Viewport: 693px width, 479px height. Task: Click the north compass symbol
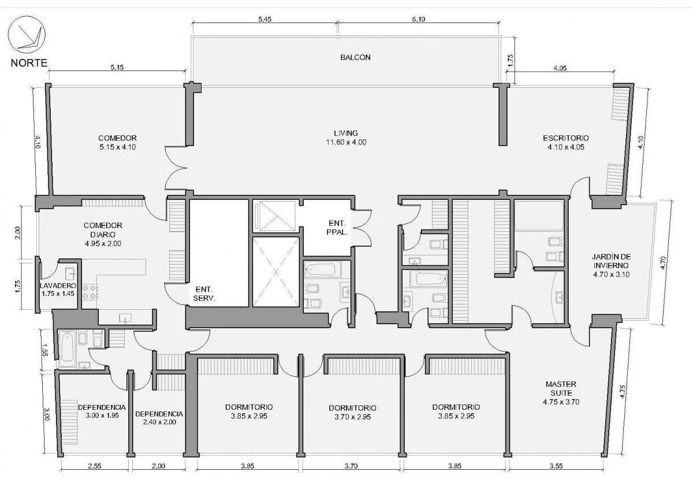(x=27, y=35)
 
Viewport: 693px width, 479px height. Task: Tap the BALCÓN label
(x=356, y=57)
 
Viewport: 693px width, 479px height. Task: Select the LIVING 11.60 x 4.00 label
(x=346, y=138)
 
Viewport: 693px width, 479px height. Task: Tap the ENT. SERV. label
(x=204, y=294)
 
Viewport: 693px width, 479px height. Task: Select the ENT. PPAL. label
(x=337, y=228)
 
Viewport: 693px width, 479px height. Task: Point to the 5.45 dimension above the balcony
(x=265, y=19)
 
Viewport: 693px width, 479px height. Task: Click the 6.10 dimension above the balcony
(x=419, y=19)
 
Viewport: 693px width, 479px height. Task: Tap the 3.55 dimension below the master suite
(x=556, y=466)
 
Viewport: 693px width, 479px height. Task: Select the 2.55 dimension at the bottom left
(x=94, y=466)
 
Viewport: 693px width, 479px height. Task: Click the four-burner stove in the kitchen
(x=90, y=292)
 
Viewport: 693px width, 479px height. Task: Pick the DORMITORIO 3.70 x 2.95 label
(x=352, y=412)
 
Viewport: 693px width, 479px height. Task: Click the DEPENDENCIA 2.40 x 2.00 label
(x=159, y=418)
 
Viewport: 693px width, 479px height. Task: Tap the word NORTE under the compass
(x=29, y=63)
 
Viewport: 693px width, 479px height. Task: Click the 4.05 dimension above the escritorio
(x=560, y=68)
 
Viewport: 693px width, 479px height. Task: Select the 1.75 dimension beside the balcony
(x=511, y=60)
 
